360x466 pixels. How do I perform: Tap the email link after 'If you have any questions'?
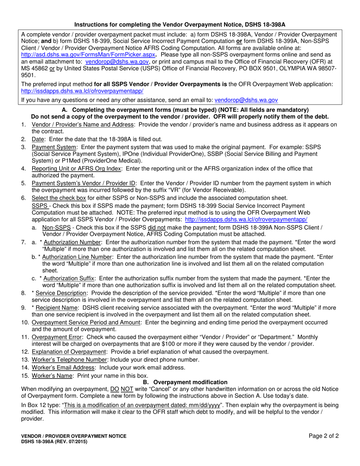tap(246, 100)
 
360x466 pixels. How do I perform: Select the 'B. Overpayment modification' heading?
tap(185, 382)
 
